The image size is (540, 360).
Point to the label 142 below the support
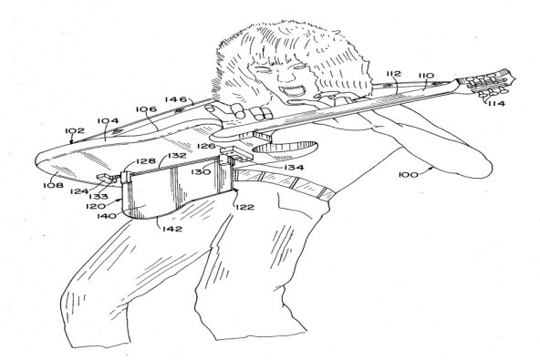point(173,229)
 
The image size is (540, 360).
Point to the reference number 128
point(146,161)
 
